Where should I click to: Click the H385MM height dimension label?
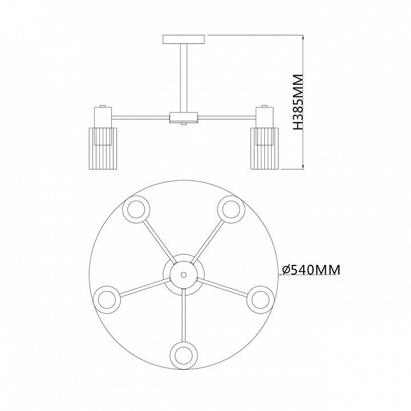(x=298, y=102)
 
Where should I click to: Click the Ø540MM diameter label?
(x=311, y=269)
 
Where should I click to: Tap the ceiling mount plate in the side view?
(x=183, y=39)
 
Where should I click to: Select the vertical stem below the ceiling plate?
(x=183, y=78)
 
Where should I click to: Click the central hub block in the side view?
(x=183, y=118)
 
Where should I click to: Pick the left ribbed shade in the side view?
(x=103, y=148)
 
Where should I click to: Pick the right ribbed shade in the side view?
(x=264, y=148)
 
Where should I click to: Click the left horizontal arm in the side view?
(x=141, y=118)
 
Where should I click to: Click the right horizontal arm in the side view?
(x=227, y=118)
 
